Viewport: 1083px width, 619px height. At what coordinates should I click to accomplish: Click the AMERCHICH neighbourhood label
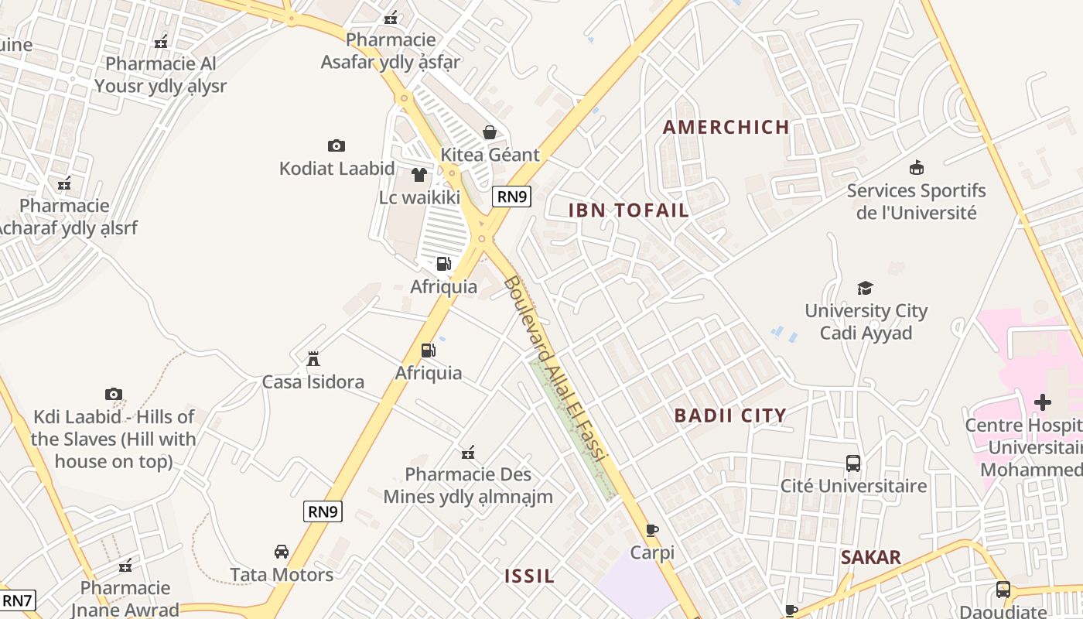coord(726,127)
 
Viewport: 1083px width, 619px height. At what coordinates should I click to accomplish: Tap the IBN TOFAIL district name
coord(628,210)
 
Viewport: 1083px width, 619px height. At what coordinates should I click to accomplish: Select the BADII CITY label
coord(730,416)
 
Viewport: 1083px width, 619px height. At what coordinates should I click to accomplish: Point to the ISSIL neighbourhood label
coord(530,576)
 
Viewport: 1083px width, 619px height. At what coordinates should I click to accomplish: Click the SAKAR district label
coord(871,557)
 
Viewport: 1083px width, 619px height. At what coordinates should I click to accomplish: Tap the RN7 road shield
coord(17,600)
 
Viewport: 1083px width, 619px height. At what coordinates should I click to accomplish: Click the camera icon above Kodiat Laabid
coord(336,145)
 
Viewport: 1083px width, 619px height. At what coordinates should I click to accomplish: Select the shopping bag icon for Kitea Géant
coord(490,132)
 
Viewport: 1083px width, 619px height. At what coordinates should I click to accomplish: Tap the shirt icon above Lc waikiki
coord(419,175)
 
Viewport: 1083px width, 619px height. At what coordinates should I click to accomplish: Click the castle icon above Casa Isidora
coord(313,359)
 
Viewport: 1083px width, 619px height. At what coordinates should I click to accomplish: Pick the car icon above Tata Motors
coord(282,552)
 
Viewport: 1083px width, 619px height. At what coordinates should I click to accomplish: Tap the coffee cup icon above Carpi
coord(652,530)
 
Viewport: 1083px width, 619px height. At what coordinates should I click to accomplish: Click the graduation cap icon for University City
coord(865,289)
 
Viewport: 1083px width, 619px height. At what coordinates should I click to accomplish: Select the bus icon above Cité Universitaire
coord(852,463)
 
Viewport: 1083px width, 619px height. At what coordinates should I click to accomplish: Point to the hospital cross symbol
coord(1043,402)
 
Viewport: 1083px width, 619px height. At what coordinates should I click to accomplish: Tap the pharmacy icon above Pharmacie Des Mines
coord(468,452)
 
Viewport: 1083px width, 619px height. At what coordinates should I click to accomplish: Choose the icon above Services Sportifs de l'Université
coord(917,167)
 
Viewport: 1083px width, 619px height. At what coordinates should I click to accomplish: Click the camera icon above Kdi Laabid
coord(114,395)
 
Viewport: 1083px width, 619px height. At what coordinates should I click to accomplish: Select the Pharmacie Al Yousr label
coord(161,74)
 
